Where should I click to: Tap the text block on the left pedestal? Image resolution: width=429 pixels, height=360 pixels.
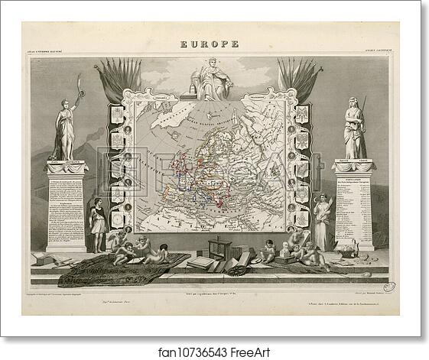(x=66, y=206)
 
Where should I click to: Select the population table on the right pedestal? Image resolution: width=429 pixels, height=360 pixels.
(x=353, y=206)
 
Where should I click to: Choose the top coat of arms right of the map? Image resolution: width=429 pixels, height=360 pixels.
(x=303, y=115)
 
